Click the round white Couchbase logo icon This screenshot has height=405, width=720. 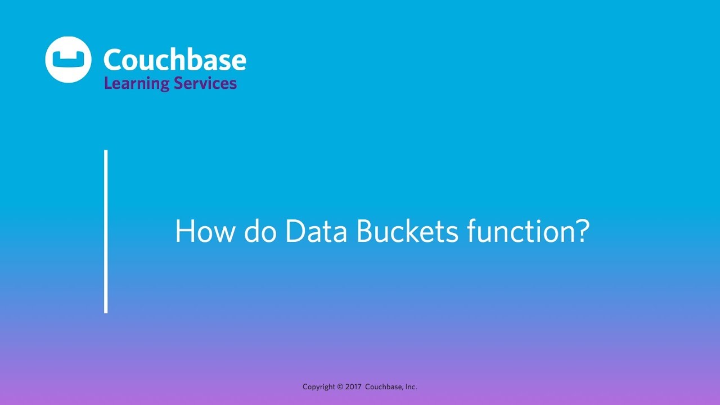tap(68, 60)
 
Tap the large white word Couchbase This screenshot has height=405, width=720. tap(174, 60)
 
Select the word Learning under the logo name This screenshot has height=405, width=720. tap(137, 84)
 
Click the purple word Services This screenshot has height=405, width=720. tap(205, 84)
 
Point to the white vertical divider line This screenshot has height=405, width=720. tap(106, 231)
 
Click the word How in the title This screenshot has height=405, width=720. tap(203, 232)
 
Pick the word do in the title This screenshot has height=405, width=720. tap(260, 232)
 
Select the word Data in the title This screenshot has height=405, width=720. tap(316, 232)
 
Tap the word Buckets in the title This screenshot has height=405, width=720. tap(407, 232)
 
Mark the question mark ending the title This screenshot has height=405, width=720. tap(582, 232)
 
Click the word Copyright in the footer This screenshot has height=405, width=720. tap(319, 387)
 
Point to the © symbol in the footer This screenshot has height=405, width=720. tap(340, 387)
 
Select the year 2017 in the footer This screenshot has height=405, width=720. tap(353, 387)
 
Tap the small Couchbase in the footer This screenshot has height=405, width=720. tap(384, 387)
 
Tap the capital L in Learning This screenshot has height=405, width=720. tap(107, 83)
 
